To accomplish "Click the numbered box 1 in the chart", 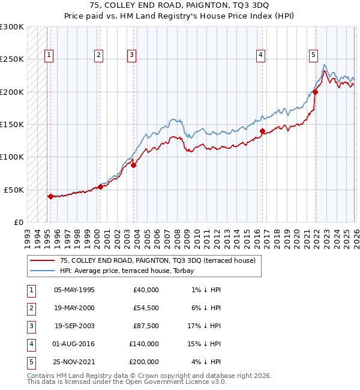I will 49,55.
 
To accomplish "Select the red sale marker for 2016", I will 262,131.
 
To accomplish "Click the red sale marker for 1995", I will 50,196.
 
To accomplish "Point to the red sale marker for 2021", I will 315,92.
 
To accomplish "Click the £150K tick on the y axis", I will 12,124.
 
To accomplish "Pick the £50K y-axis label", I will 14,190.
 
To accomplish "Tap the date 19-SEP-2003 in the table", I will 74,326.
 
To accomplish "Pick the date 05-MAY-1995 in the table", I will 74,290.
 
